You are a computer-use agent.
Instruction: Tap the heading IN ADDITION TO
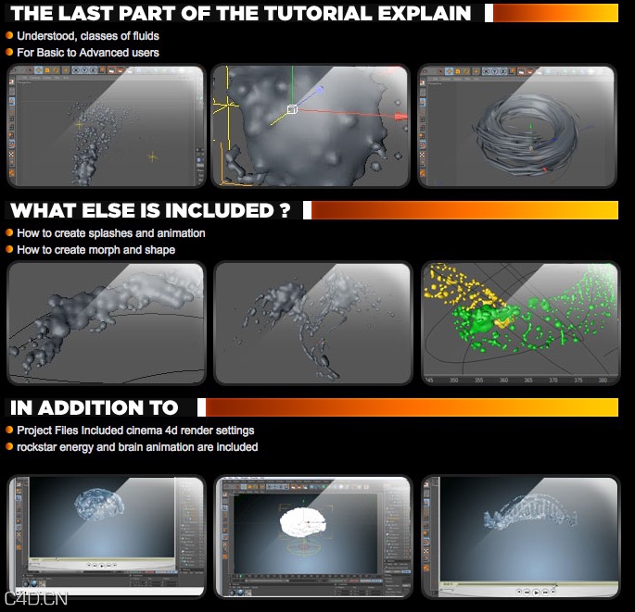[x=94, y=407]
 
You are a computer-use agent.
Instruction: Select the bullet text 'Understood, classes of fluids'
[x=88, y=36]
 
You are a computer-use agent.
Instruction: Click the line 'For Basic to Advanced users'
[x=88, y=53]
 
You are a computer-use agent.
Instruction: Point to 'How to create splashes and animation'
[x=111, y=233]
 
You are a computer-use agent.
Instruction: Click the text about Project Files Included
[x=135, y=431]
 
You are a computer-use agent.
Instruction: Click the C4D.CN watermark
[x=36, y=599]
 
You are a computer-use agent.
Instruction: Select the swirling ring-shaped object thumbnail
[x=517, y=126]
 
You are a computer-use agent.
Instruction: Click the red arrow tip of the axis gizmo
[x=401, y=118]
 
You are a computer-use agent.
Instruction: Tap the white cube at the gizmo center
[x=291, y=109]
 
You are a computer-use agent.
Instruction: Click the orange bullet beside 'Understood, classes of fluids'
[x=9, y=36]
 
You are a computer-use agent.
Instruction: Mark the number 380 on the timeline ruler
[x=603, y=380]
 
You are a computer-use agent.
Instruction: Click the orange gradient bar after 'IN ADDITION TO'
[x=408, y=407]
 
